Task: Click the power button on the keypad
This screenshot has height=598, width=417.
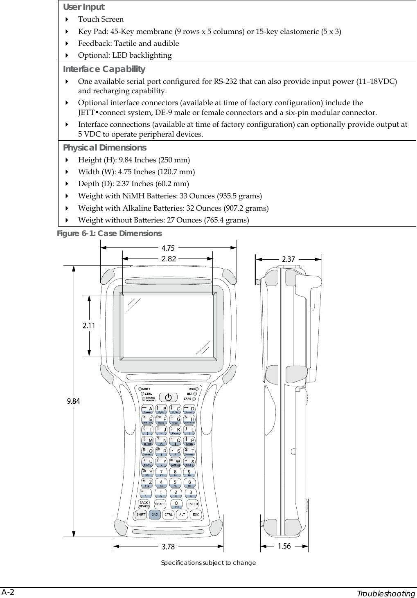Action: pos(168,397)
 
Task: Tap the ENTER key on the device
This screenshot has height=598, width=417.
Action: pos(193,504)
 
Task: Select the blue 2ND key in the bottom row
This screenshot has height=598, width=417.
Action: pos(155,515)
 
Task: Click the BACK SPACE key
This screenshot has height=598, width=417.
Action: pos(144,504)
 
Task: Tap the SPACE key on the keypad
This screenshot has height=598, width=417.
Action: pos(160,504)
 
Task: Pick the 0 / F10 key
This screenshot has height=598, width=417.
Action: pos(176,504)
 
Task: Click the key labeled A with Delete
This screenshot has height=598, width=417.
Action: pos(148,409)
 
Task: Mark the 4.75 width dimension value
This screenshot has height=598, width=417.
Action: pos(168,247)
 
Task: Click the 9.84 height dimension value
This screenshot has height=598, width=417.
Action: pos(73,401)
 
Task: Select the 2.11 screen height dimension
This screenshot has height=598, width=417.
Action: pos(89,326)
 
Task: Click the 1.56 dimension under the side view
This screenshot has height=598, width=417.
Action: pos(284,546)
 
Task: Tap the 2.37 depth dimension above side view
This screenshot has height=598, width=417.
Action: pos(289,259)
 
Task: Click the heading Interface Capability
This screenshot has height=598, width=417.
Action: pos(104,69)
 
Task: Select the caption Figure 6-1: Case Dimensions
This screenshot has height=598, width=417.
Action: pos(109,234)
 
